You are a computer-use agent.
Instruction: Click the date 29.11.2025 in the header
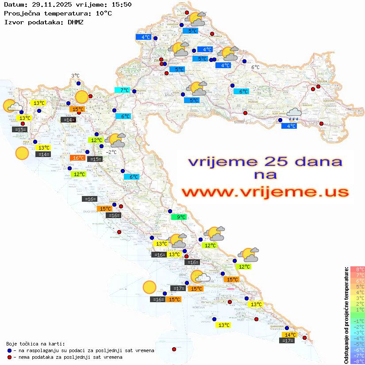tap(50, 4)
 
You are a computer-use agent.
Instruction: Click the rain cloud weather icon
tap(294, 115)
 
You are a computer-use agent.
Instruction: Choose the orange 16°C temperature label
tap(77, 158)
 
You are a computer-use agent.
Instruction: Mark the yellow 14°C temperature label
tap(290, 335)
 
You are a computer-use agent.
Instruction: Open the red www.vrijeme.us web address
tap(265, 192)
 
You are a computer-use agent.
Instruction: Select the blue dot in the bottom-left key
tap(9, 350)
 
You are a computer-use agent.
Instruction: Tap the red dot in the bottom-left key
tap(9, 357)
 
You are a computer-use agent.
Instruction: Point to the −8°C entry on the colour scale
tap(357, 361)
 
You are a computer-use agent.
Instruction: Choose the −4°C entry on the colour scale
tap(357, 338)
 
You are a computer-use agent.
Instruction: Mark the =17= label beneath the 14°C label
tap(287, 341)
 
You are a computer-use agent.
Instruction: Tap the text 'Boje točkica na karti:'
tap(35, 343)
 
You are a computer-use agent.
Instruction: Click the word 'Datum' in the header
tap(12, 4)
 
